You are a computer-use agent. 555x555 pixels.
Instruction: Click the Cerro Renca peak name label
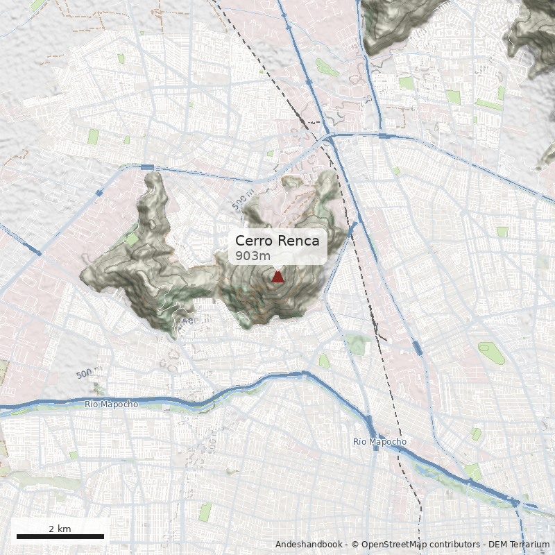(277, 241)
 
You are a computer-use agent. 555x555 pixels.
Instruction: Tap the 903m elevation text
(253, 256)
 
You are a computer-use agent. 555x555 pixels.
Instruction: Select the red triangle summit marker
(277, 277)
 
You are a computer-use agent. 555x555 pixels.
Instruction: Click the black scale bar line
(60, 536)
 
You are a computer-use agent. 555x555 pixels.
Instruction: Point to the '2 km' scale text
(60, 529)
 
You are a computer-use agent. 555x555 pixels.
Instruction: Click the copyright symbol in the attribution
(355, 545)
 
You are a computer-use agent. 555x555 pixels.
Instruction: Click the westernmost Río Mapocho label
(111, 404)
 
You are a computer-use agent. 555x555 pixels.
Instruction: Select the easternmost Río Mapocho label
(379, 441)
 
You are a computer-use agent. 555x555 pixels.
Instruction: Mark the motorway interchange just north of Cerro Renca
(328, 139)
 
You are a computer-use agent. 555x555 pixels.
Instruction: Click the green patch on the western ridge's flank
(132, 239)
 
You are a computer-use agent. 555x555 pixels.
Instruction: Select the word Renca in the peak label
(298, 241)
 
